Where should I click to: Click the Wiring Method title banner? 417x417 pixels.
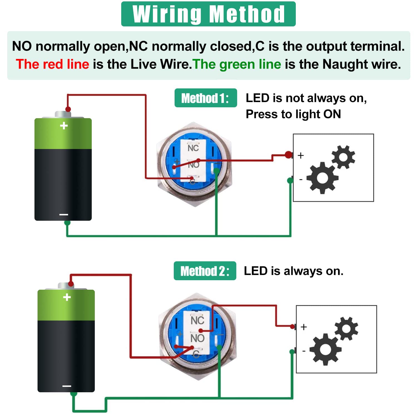[208, 14]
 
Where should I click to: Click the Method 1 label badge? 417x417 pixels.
[205, 98]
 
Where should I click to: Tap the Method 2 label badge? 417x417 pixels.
[205, 271]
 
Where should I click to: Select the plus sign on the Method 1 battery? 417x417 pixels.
[64, 126]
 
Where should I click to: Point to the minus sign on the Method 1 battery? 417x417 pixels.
[64, 215]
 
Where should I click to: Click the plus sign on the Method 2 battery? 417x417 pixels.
[67, 297]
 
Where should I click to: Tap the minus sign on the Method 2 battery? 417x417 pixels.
[67, 386]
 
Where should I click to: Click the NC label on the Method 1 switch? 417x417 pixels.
[193, 148]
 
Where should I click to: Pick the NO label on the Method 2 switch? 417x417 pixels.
[197, 338]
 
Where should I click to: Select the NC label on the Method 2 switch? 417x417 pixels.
[197, 320]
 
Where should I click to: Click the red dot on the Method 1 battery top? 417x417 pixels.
[68, 109]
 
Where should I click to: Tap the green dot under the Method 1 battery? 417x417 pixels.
[67, 223]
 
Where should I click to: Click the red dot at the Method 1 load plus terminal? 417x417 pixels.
[289, 155]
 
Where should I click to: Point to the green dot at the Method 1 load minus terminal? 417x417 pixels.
[290, 181]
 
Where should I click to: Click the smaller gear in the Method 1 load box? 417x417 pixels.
[343, 157]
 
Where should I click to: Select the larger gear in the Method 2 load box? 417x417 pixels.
[325, 349]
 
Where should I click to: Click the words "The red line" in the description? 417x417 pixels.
[53, 64]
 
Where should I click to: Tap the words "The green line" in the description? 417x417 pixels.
[237, 64]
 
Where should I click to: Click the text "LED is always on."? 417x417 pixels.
[294, 271]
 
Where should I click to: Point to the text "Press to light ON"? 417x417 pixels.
[293, 114]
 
